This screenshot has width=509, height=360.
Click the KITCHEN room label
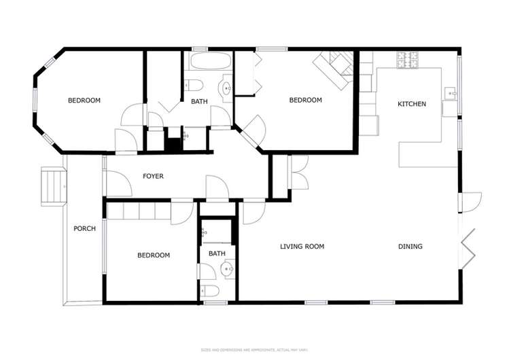[x=412, y=104]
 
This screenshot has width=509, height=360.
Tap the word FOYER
[x=153, y=176]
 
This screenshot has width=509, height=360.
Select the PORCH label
[x=84, y=228]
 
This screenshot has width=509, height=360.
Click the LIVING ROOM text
[x=302, y=247]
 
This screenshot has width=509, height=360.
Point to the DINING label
[x=410, y=247]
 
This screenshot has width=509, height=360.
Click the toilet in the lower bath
[x=211, y=291]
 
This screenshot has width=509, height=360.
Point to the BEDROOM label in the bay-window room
[x=84, y=101]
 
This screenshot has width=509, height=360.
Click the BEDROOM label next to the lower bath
[x=154, y=255]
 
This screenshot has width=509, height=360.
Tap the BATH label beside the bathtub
[x=199, y=102]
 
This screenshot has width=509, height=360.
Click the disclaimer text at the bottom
[x=254, y=350]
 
